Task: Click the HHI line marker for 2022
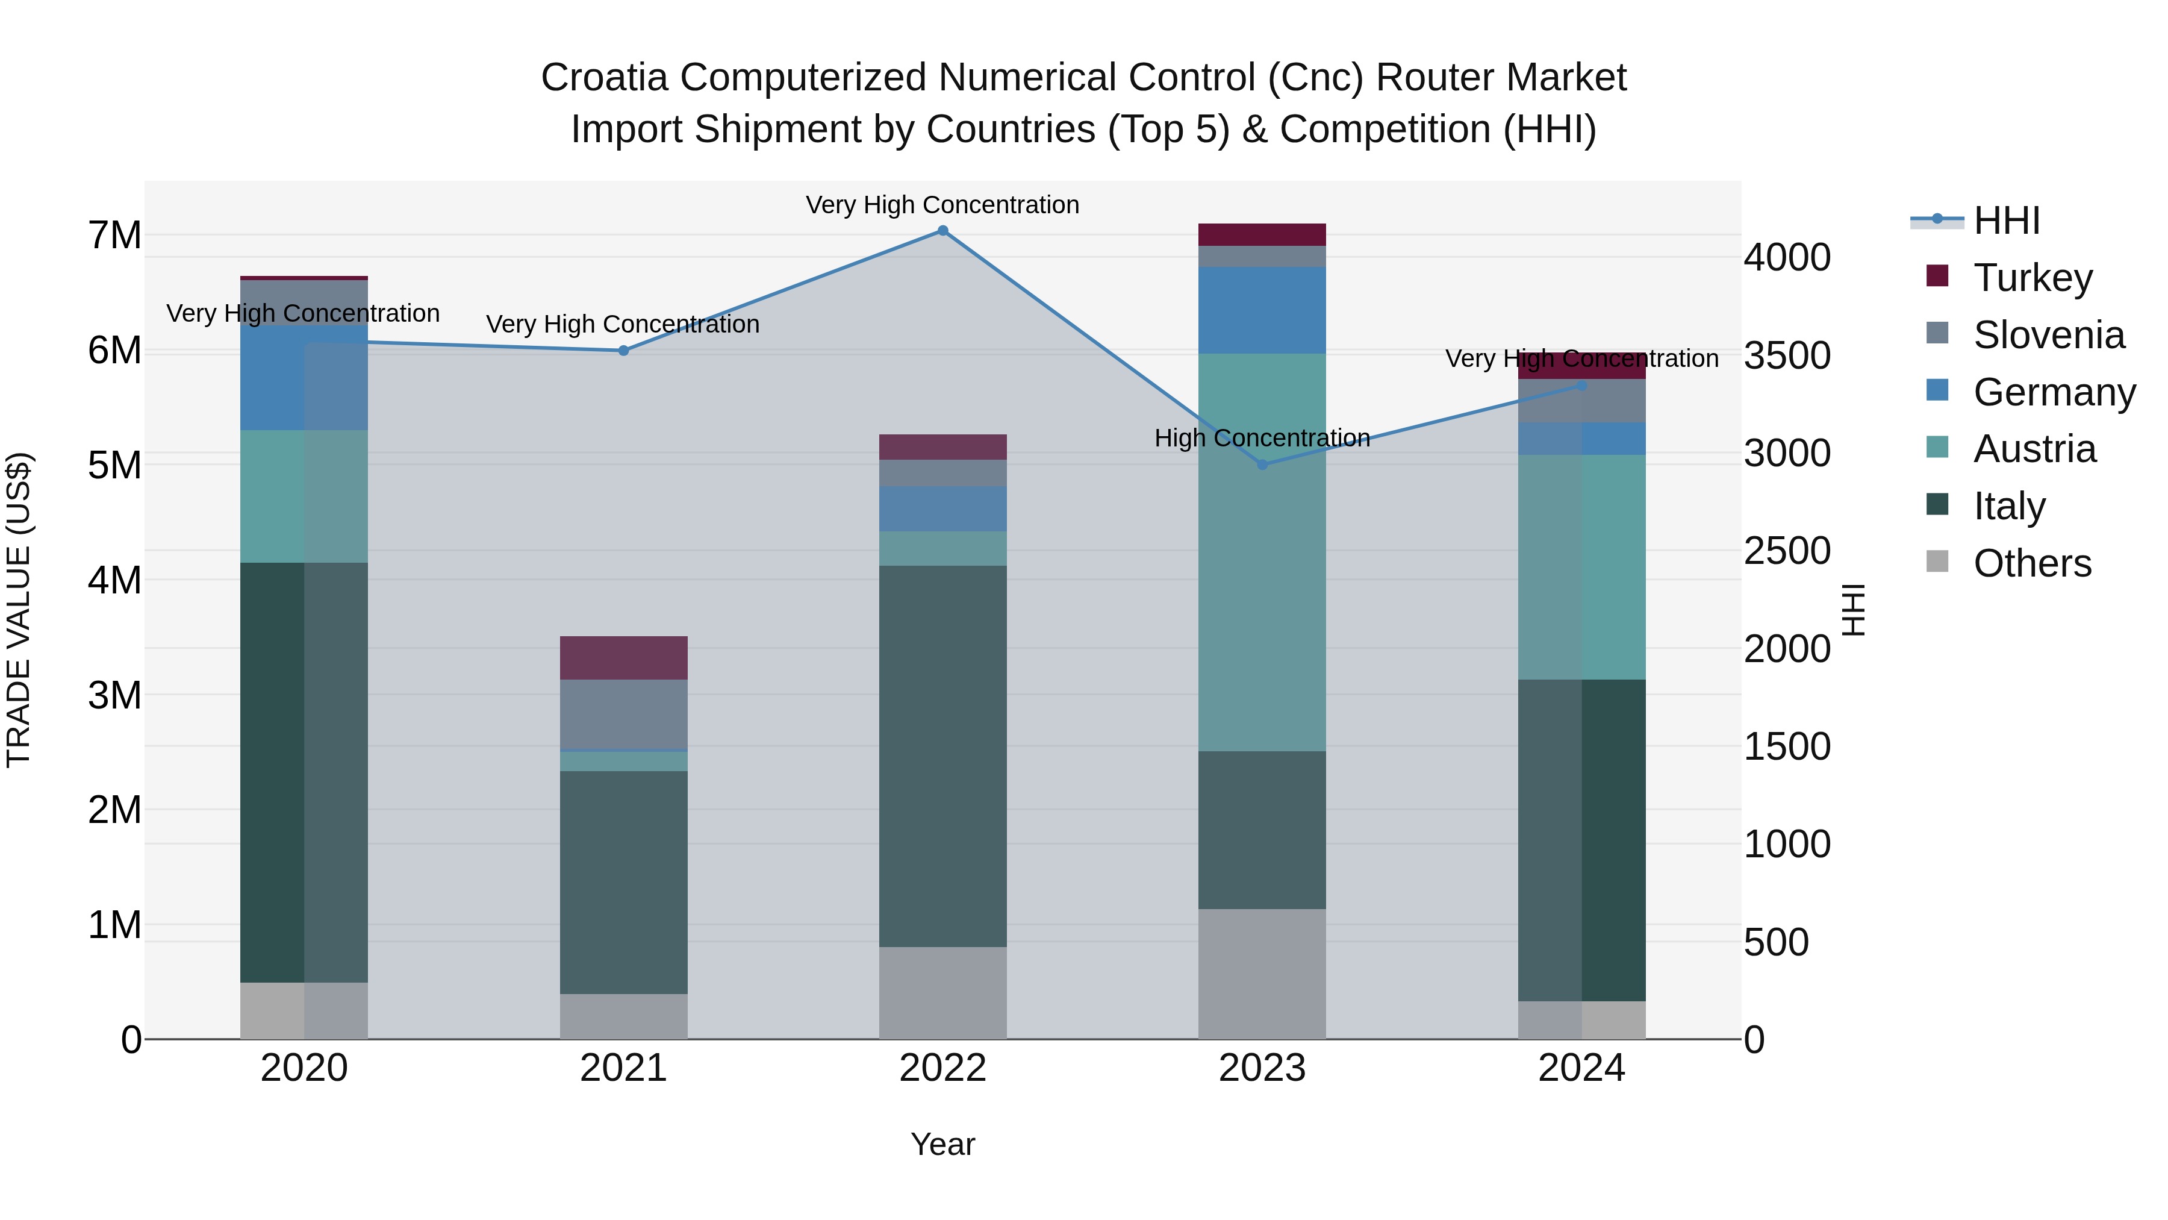942,231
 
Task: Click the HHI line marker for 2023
1262,465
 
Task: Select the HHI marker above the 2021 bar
624,350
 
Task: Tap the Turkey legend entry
2032,278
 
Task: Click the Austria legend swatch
1937,447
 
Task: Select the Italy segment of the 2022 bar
942,756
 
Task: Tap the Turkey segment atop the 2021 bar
624,657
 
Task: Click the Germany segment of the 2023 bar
1262,310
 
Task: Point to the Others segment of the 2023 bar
1262,974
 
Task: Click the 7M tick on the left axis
114,235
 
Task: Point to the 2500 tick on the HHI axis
1786,551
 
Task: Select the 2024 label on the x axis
1581,1068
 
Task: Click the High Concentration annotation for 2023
1262,438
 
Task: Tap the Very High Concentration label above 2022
942,205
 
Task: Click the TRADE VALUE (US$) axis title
19,610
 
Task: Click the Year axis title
942,1144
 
